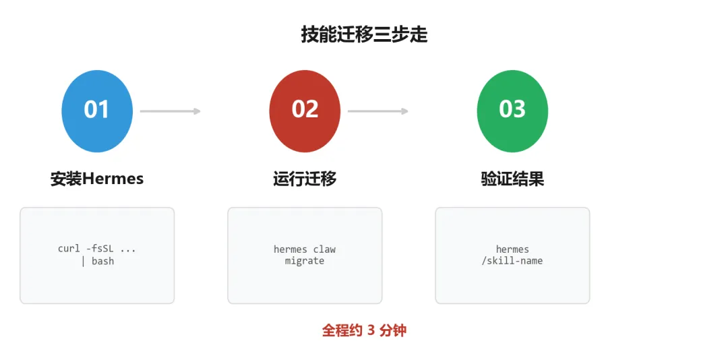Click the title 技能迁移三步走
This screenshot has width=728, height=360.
(364, 35)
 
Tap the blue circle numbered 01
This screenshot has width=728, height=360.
(97, 111)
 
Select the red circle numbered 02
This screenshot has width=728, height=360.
(305, 111)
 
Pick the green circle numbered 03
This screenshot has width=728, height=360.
(512, 111)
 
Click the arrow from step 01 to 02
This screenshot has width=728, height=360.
(170, 111)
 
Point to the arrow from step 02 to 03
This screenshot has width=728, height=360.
(377, 111)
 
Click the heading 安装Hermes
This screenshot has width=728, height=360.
(97, 179)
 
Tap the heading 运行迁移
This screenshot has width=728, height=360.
(305, 179)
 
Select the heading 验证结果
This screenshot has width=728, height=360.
(512, 179)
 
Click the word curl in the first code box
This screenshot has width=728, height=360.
(69, 249)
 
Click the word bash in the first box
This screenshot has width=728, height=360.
(102, 261)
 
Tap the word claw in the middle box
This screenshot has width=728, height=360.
(324, 249)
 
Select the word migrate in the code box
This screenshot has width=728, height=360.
(305, 261)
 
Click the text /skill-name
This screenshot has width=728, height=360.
(512, 261)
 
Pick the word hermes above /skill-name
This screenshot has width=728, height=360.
(512, 249)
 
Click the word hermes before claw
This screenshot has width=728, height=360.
(291, 249)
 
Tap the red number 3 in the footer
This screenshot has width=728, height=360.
(371, 330)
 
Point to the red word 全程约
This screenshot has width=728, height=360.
(342, 330)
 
